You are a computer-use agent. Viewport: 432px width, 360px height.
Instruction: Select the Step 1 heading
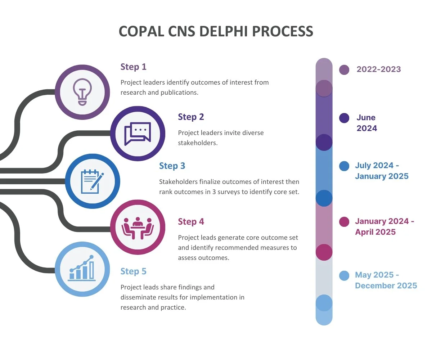[x=133, y=67]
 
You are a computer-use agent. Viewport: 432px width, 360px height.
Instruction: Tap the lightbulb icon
[x=82, y=91]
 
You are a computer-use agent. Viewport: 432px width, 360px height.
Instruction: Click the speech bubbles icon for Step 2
[x=138, y=134]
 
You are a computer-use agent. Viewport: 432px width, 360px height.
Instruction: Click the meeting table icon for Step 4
[x=138, y=228]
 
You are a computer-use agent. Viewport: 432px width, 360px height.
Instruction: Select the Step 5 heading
[x=133, y=271]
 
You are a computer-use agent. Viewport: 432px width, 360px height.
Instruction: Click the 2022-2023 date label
[x=378, y=69]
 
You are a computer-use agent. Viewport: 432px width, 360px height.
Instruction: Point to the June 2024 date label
[x=366, y=123]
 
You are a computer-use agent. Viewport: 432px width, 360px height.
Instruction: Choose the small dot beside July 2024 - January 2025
[x=345, y=166]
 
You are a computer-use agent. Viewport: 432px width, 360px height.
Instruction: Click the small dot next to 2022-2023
[x=344, y=70]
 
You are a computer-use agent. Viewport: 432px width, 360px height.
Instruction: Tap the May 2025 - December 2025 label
[x=386, y=280]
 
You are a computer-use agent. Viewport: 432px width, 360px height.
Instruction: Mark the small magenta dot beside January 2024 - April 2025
[x=345, y=222]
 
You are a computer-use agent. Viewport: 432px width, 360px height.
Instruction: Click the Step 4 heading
[x=191, y=221]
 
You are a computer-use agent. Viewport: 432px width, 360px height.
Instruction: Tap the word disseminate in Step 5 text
[x=138, y=297]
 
